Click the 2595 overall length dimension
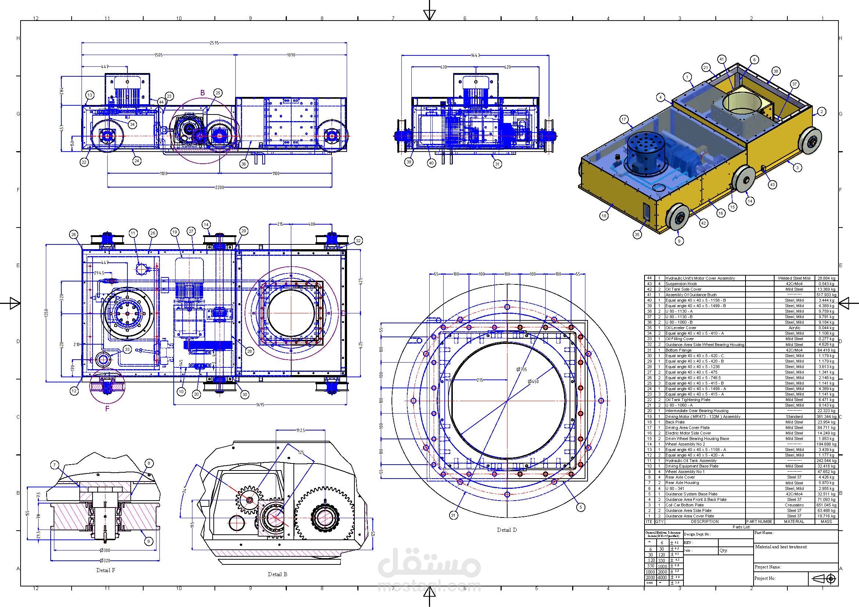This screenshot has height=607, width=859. click(x=214, y=43)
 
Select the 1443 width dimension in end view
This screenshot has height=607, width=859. click(x=476, y=55)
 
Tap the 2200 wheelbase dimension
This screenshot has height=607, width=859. click(x=219, y=187)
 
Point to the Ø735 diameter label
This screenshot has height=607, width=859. click(x=521, y=369)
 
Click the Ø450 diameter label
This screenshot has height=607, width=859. click(x=533, y=382)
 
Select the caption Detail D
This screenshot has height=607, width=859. click(x=506, y=530)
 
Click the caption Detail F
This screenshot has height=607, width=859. click(x=105, y=570)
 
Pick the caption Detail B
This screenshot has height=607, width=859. click(x=277, y=574)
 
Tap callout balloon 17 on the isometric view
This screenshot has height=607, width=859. click(x=624, y=120)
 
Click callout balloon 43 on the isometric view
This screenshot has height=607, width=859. click(x=772, y=184)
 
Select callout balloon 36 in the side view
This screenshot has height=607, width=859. click(x=244, y=164)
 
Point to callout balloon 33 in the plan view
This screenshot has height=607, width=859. click(x=127, y=349)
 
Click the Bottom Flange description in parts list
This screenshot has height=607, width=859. click(x=675, y=350)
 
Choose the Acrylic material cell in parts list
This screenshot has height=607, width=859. click(x=794, y=328)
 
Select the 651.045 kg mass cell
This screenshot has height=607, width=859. click(x=826, y=505)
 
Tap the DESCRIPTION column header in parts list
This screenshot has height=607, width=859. click(x=704, y=521)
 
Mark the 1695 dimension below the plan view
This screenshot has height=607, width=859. click(x=260, y=404)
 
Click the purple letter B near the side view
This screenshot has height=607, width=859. click(x=202, y=93)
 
